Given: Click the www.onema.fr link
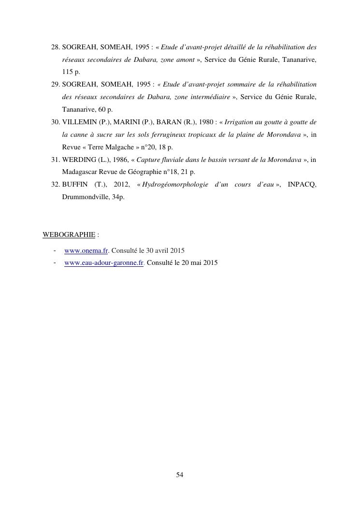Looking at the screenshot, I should pyautogui.click(x=86, y=251).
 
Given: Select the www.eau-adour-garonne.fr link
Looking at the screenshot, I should pyautogui.click(x=104, y=263).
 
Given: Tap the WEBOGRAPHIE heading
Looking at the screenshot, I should pyautogui.click(x=69, y=235).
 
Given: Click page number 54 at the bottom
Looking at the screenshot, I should pyautogui.click(x=180, y=475).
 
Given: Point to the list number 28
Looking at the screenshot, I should pyautogui.click(x=55, y=47).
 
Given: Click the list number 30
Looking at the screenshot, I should pyautogui.click(x=55, y=122).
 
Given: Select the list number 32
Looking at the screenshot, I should pyautogui.click(x=55, y=185).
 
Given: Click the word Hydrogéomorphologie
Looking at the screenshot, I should pyautogui.click(x=175, y=185).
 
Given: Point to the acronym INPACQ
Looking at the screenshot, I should pyautogui.click(x=302, y=185).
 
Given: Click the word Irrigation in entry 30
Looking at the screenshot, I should pyautogui.click(x=240, y=122).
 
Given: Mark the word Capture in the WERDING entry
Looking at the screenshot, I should pyautogui.click(x=149, y=160).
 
